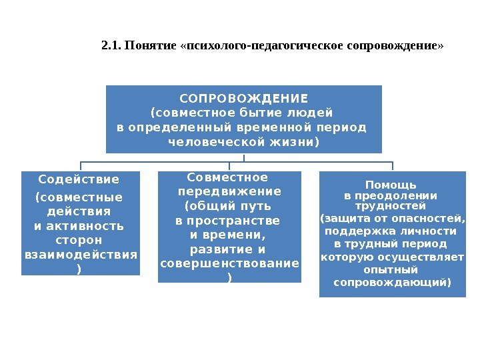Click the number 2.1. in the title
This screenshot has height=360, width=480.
110,47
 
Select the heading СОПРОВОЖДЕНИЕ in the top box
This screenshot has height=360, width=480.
244,97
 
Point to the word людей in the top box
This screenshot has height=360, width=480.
313,112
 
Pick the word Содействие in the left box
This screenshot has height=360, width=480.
79,180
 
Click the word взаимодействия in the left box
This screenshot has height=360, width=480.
81,255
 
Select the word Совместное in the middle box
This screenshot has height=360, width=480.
228,177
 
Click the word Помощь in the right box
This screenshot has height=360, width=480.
391,185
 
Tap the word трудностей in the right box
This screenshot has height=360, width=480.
391,205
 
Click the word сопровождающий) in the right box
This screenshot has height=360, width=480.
392,283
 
